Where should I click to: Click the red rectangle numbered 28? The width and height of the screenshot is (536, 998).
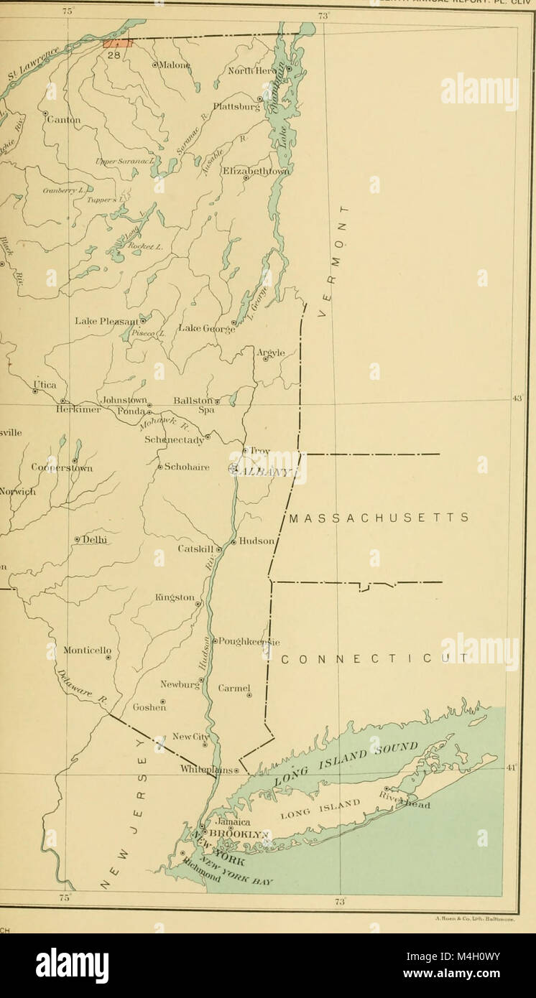point(118,44)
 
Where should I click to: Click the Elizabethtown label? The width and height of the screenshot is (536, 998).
point(256,171)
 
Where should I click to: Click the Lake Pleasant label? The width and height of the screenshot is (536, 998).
point(107,321)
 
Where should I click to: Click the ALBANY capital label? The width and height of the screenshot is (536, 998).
point(264,470)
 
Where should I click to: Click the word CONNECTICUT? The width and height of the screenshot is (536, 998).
point(374,658)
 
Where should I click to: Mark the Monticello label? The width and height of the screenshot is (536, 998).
point(87,650)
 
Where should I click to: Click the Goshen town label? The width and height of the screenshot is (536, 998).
point(149,707)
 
